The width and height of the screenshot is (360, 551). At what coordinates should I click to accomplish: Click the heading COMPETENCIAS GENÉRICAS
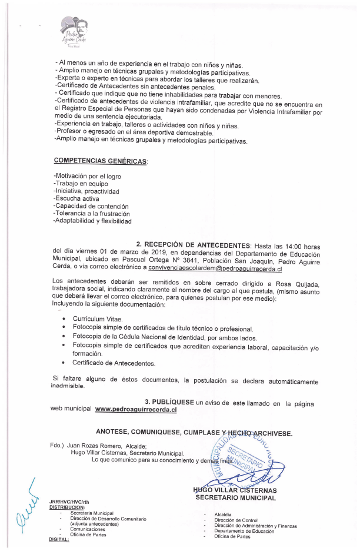[x=101, y=161]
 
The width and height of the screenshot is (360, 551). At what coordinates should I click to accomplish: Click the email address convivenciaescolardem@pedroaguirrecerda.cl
[x=215, y=268]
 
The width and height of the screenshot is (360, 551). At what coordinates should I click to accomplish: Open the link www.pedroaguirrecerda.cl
[x=136, y=409]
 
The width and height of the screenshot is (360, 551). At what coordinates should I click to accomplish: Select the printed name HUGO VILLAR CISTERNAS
[x=235, y=490]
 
